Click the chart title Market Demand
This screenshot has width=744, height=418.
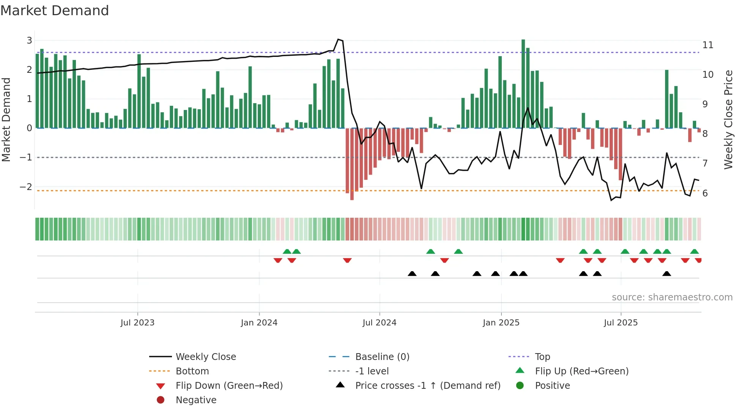[x=55, y=10]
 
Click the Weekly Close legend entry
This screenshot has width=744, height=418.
[x=205, y=357]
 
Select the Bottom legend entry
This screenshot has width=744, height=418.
[x=192, y=371]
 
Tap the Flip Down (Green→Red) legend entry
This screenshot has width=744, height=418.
[x=229, y=385]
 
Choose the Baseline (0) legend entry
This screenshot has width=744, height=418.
[x=382, y=357]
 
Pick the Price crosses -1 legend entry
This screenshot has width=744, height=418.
[x=427, y=385]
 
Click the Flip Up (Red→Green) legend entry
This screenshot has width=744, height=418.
[x=582, y=371]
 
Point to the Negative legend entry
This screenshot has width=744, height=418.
[x=196, y=400]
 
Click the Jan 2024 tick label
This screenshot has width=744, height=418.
[x=259, y=322]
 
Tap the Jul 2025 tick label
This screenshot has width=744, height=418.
[x=621, y=322]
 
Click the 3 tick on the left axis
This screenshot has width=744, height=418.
[x=29, y=40]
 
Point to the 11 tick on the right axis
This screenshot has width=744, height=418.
[x=708, y=45]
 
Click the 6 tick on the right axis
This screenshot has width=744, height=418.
[x=705, y=193]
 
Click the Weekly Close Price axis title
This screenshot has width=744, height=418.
[x=728, y=119]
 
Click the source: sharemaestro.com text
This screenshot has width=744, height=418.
[x=672, y=297]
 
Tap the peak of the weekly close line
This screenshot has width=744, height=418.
[x=338, y=39]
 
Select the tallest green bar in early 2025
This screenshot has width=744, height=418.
[x=523, y=83]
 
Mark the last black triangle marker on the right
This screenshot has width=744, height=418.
[x=667, y=273]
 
